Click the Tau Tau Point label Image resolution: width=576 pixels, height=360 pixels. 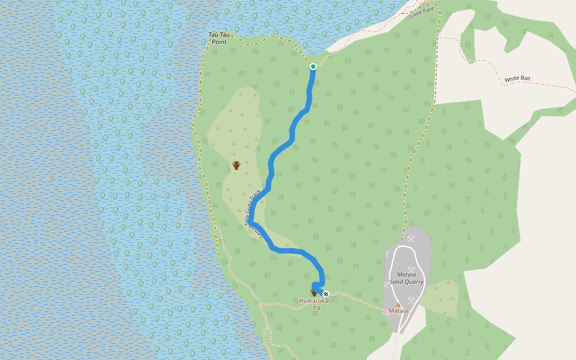point(218,38)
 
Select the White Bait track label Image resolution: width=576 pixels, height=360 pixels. point(517,79)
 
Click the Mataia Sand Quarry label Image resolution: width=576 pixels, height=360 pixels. point(406,278)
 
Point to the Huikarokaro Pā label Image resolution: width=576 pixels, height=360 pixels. point(316,304)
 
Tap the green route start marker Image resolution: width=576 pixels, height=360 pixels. point(313,67)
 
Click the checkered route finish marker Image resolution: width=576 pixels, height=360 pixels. point(326,294)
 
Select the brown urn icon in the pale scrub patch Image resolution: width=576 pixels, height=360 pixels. point(236,166)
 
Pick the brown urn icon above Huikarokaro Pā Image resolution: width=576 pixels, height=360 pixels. point(313,292)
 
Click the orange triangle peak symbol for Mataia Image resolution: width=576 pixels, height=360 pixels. point(398,305)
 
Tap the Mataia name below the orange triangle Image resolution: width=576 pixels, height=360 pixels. point(398,311)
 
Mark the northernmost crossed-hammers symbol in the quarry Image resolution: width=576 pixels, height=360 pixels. point(412,238)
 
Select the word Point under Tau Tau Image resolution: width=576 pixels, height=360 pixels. point(219,42)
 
